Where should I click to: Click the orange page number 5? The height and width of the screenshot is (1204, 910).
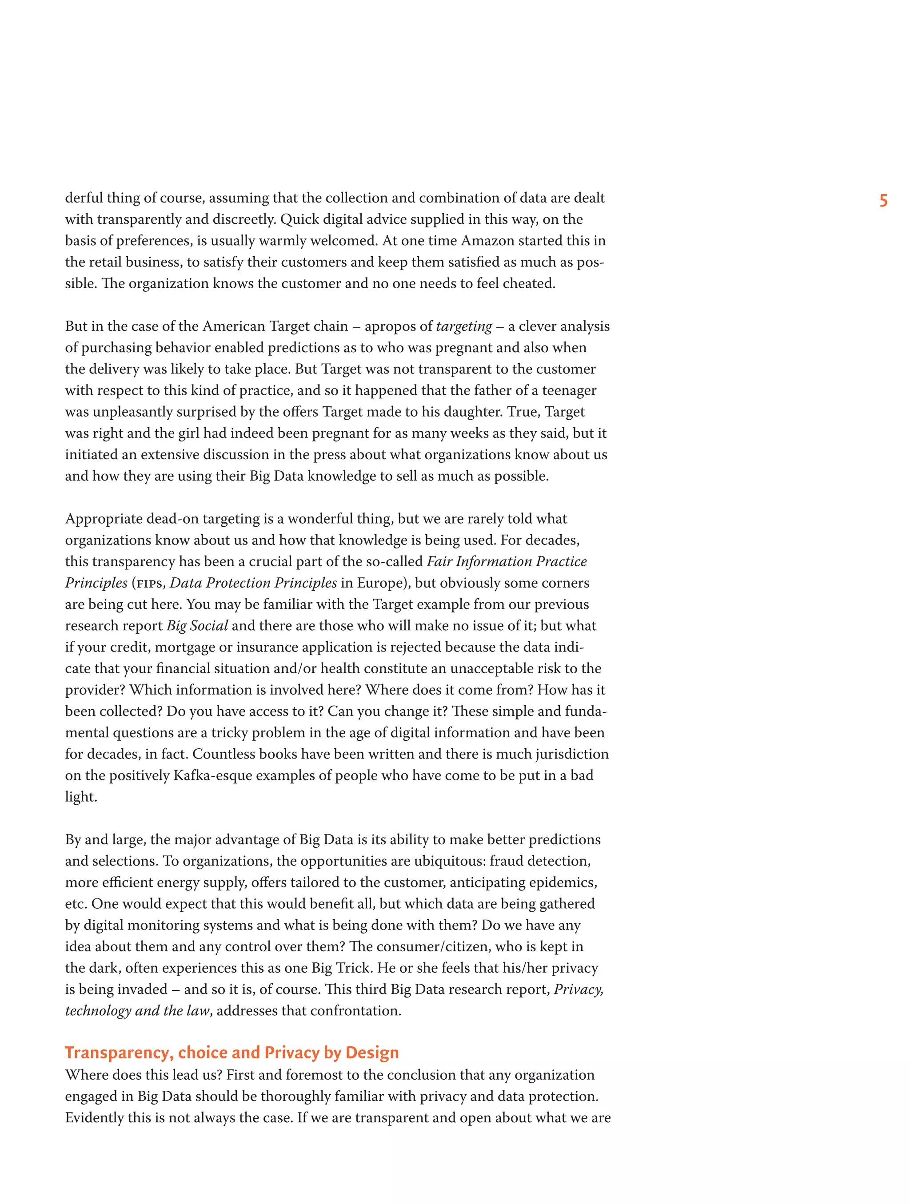tap(883, 201)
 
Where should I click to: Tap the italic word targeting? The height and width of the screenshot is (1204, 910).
tap(464, 326)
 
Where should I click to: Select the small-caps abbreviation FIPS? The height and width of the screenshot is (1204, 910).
tap(149, 584)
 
